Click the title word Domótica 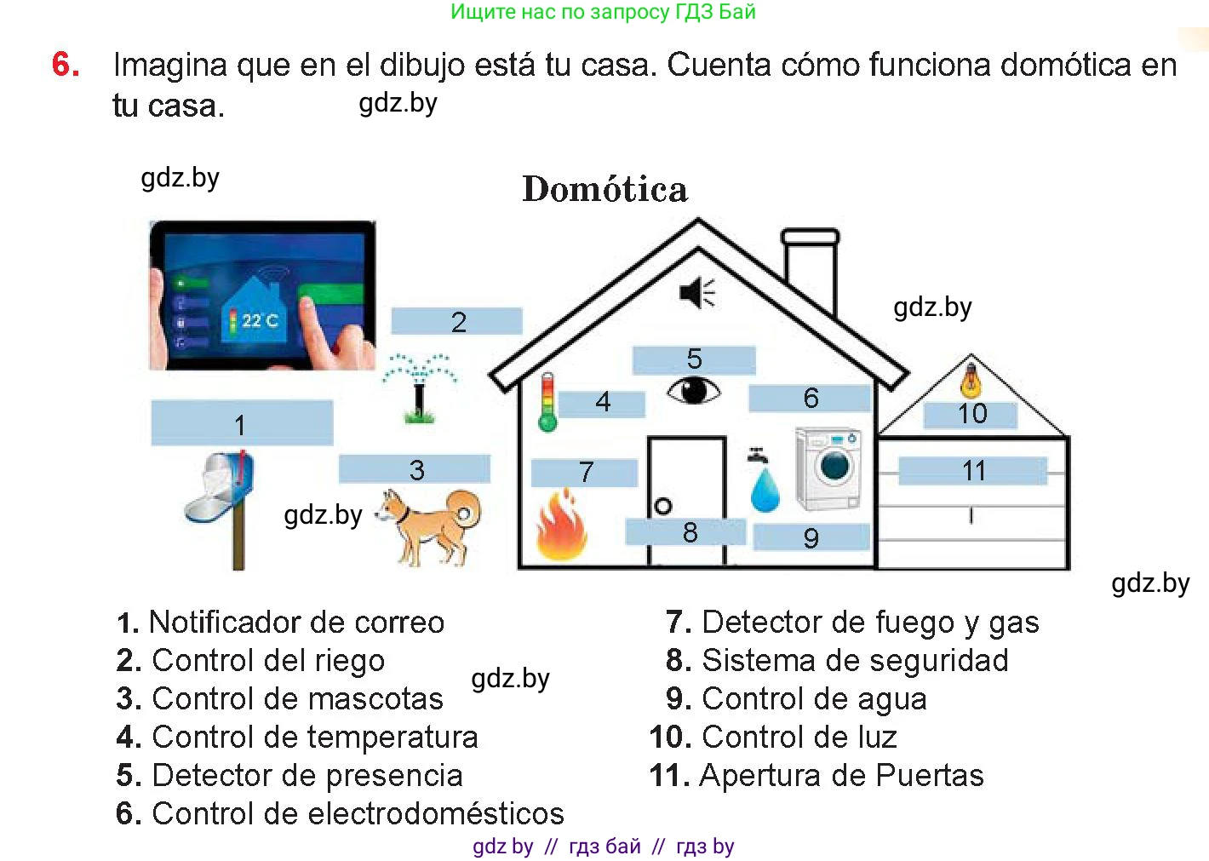(604, 189)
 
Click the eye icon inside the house (693, 391)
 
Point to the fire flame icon (561, 525)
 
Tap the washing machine (828, 468)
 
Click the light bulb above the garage (971, 380)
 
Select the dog (431, 524)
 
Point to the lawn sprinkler (418, 388)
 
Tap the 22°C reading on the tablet (259, 320)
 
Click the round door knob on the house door (663, 506)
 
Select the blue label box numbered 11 (972, 471)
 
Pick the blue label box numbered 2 (457, 322)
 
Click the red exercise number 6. (66, 65)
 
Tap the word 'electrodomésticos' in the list (435, 813)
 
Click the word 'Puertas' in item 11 (929, 776)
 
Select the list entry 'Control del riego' (267, 661)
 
